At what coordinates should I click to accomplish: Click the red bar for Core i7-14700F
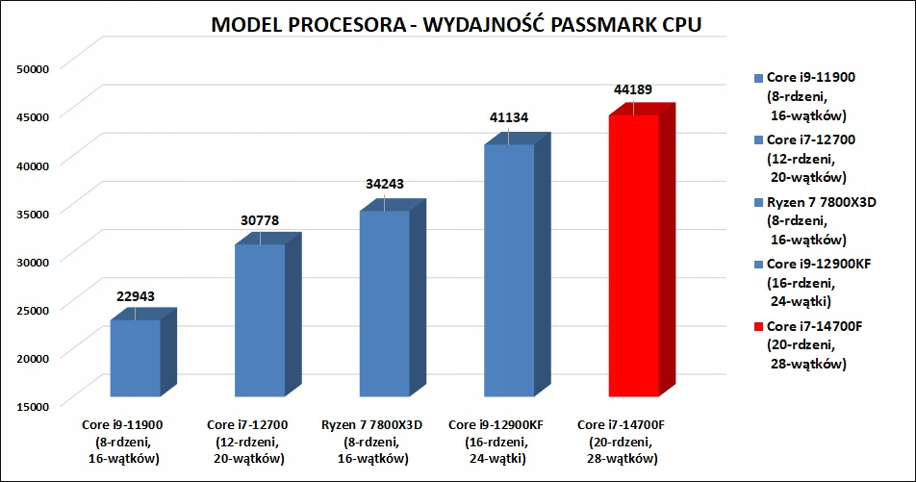633,255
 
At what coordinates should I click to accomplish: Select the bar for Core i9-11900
135,358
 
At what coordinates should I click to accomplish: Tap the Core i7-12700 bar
260,320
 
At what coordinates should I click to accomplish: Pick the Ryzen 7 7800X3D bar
384,303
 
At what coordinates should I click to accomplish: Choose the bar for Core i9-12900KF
508,270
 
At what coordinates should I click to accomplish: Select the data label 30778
260,220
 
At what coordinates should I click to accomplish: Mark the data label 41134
508,119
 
